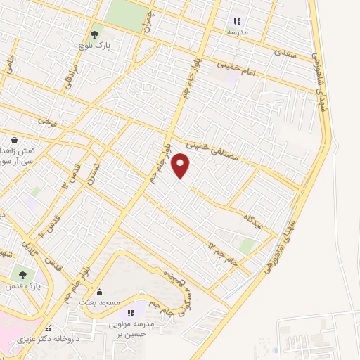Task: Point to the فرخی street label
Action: point(46,122)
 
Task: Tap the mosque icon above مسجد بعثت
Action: point(99,292)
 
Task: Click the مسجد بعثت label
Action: point(99,302)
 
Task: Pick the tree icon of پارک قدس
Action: point(23,275)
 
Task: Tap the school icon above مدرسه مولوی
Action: point(129,313)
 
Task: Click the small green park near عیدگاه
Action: point(246,245)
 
